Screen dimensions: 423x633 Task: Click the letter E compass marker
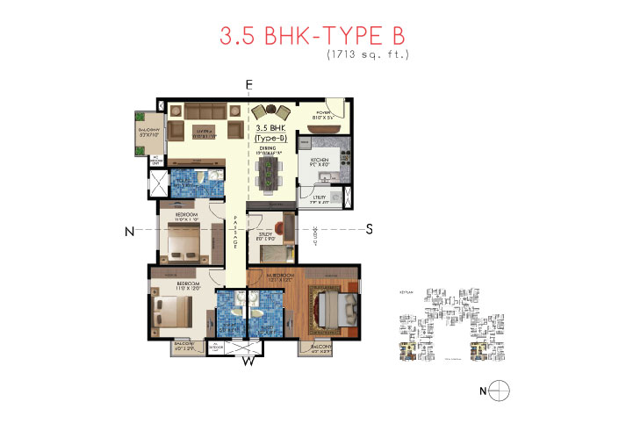pos(249,84)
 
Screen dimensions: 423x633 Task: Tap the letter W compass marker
pos(248,360)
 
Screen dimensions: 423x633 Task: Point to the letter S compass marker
pos(370,230)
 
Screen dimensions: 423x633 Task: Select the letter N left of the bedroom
pos(129,231)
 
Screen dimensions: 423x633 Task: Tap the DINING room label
pos(267,148)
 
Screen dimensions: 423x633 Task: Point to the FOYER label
pos(324,112)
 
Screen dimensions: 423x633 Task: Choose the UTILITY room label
pos(318,198)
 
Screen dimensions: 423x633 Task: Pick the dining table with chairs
pos(268,170)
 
